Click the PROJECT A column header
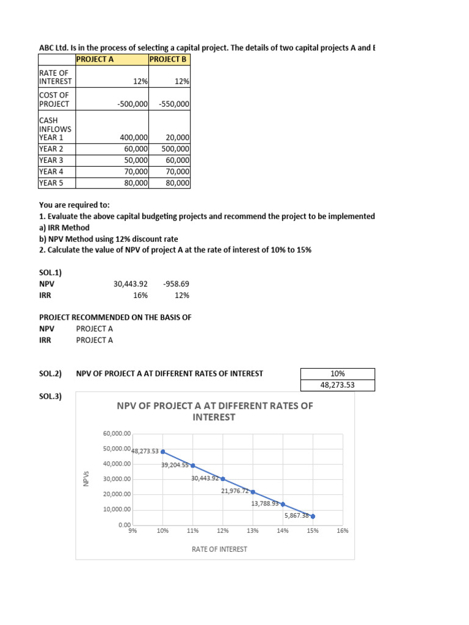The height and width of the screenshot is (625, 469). click(95, 60)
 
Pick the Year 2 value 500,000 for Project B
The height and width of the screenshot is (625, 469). click(175, 148)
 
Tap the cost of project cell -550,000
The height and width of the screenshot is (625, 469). click(174, 104)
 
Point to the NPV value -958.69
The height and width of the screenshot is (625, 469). click(176, 284)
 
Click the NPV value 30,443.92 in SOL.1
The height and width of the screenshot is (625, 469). click(131, 284)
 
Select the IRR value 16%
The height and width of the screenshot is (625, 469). click(140, 295)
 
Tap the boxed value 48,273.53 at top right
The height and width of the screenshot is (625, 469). click(338, 385)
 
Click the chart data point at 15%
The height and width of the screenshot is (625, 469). click(313, 516)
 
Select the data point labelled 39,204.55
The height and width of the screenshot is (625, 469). click(192, 466)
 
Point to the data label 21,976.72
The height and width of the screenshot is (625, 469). click(235, 491)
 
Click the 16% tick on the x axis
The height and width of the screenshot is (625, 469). click(342, 531)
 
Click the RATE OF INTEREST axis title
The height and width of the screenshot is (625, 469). click(220, 549)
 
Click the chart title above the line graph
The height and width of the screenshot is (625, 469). click(214, 411)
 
